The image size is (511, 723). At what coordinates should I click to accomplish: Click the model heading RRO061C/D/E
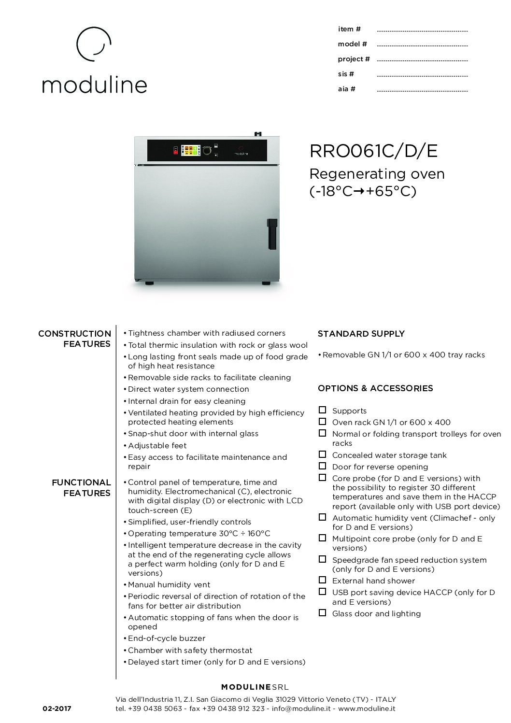point(373,151)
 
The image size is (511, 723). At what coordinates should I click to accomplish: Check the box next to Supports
point(322,410)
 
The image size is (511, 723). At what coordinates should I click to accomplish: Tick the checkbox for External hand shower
point(322,580)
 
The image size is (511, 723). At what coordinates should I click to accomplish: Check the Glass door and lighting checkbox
point(322,613)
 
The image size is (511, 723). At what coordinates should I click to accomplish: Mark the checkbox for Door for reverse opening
point(322,466)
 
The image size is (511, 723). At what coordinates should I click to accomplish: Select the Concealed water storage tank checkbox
point(322,454)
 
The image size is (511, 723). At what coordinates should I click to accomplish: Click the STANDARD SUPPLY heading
point(361,334)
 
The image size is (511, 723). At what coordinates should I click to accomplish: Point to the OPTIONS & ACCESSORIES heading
point(375,388)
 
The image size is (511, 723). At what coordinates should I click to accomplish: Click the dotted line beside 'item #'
point(422,31)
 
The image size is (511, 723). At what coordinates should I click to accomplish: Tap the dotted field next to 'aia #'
point(422,91)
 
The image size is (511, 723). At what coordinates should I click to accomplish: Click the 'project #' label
point(354,59)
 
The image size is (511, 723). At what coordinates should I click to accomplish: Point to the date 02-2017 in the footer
point(57,709)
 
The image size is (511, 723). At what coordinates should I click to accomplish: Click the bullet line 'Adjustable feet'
point(157,445)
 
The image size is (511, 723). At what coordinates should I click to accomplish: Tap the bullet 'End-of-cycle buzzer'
point(167,638)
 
